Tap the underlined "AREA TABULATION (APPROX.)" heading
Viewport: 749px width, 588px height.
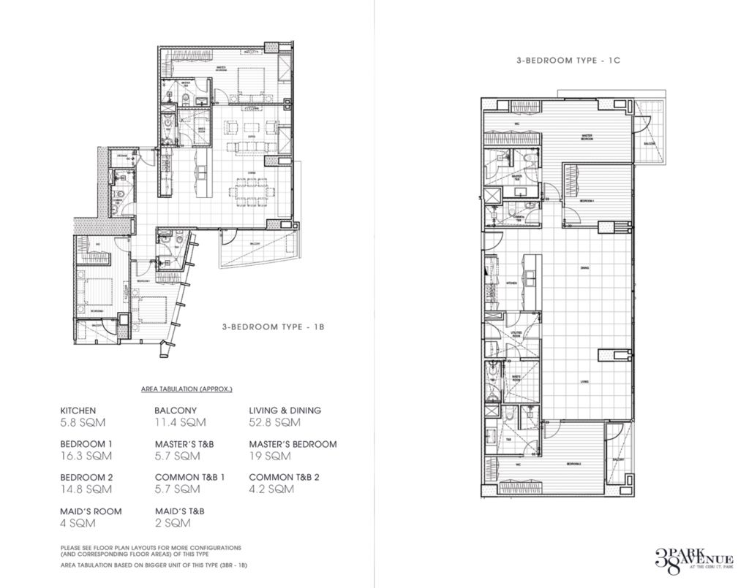[x=187, y=390]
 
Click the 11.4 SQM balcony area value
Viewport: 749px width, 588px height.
[x=180, y=422]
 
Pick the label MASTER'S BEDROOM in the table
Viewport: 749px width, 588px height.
[x=293, y=444]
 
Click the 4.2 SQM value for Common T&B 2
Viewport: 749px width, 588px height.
[x=271, y=489]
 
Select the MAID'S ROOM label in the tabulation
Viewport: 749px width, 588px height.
[x=91, y=511]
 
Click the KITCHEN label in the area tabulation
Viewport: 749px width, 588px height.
[x=78, y=411]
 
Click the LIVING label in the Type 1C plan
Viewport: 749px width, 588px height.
[x=585, y=381]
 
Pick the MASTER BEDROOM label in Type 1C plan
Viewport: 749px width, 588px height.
[x=586, y=137]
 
